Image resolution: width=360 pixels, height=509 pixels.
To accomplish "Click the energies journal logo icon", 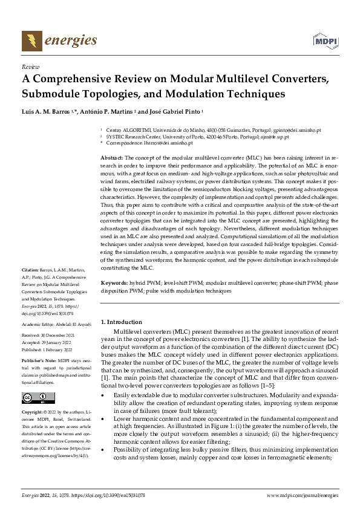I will (31, 41).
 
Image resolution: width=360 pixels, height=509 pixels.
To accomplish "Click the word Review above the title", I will (30, 67).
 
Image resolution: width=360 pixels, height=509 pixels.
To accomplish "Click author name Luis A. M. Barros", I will (45, 112).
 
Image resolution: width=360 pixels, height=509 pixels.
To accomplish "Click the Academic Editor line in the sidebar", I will (56, 324).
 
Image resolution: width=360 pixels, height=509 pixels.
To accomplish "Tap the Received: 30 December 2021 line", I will (49, 336).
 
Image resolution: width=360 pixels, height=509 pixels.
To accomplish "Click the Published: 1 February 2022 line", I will (48, 349).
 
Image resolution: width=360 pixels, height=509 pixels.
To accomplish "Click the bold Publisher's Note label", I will (38, 360).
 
